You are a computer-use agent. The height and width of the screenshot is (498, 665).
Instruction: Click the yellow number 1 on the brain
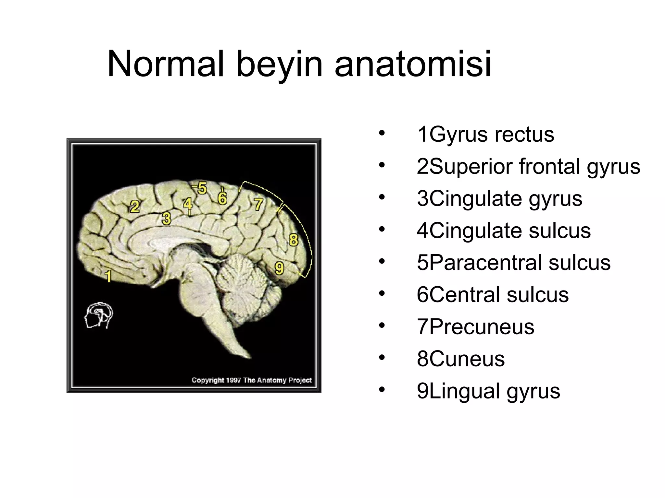coord(108,276)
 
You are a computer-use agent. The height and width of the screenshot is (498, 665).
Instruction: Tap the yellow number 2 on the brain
coord(135,207)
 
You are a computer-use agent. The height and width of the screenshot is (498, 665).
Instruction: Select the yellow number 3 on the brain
coord(167,218)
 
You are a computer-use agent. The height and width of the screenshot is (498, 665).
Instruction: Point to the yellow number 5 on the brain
coord(202,188)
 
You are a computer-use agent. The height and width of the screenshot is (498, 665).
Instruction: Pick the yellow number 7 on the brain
coord(258,204)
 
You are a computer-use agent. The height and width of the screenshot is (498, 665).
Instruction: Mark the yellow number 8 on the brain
coord(293,240)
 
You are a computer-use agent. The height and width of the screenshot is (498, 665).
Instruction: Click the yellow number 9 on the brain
coord(279,268)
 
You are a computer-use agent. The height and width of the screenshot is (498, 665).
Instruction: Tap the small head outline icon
coord(99,315)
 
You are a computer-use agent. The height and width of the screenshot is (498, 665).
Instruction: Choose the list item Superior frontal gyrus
coord(528,166)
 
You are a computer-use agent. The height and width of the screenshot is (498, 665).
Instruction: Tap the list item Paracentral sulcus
coord(513,262)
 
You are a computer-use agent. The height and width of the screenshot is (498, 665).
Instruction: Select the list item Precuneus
coord(475,326)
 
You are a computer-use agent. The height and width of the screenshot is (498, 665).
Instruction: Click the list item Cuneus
coord(461,359)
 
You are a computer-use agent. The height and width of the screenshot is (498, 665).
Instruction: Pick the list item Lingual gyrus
coord(488,391)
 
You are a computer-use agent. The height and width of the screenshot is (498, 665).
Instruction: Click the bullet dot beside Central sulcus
coord(382,293)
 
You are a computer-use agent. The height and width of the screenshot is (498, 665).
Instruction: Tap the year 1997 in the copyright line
coord(233,380)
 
